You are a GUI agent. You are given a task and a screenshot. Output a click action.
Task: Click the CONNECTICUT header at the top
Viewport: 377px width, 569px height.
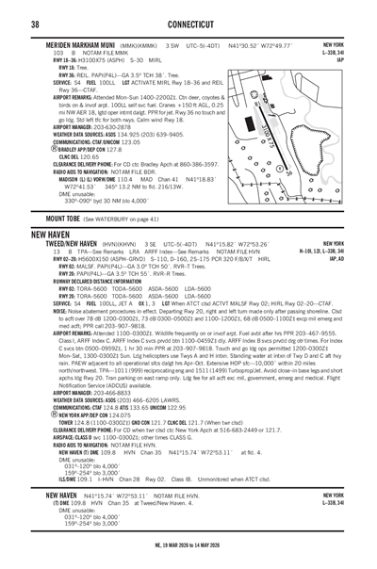188,23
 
